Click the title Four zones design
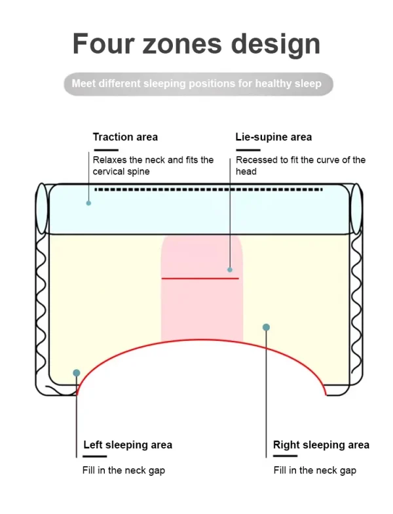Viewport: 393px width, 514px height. coord(196,45)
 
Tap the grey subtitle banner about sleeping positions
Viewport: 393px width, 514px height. coord(198,84)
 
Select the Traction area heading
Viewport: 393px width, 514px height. coord(125,137)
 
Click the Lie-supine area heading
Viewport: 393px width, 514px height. coord(274,137)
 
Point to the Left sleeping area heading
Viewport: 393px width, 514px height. coord(128,445)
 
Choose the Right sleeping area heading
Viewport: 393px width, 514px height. coord(321,445)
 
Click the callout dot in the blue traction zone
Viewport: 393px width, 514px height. coord(88,203)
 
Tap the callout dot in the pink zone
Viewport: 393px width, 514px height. coord(230,270)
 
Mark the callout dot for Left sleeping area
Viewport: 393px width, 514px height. coord(77,373)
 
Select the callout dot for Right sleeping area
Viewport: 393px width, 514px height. coord(266,327)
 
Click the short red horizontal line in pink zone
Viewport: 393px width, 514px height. coord(200,278)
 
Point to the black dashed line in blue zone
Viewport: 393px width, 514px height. coord(208,189)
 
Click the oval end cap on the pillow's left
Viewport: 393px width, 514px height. coord(42,208)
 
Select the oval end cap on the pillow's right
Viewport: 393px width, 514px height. coord(356,208)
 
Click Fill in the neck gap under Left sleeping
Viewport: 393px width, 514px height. coord(124,471)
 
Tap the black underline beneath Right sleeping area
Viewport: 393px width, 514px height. coord(286,456)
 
